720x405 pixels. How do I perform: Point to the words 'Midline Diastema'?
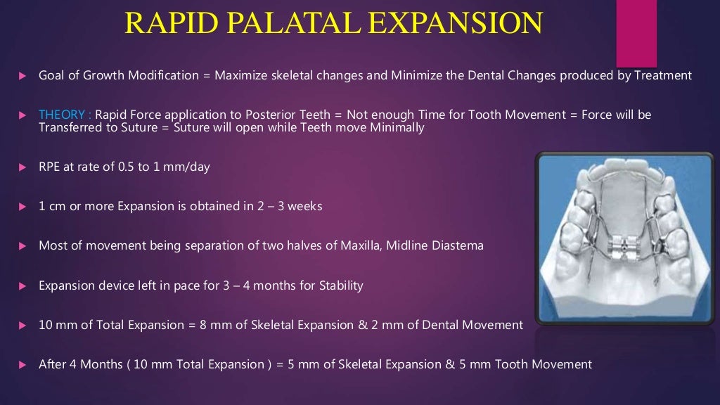point(441,246)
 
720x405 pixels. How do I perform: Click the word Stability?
point(340,285)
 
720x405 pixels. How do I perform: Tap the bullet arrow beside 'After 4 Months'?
point(22,365)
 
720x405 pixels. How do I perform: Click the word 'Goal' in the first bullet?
point(51,75)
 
